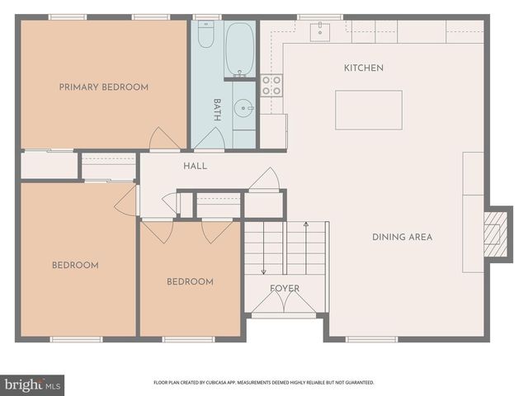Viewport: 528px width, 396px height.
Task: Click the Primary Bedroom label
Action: [104, 87]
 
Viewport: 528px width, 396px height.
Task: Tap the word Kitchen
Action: [364, 68]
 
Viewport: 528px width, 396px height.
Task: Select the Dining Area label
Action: [402, 237]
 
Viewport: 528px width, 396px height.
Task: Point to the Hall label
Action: [196, 166]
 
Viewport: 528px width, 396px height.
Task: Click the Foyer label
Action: [285, 288]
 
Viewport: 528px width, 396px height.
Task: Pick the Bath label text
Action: [217, 110]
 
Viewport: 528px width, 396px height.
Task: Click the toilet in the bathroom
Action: [205, 34]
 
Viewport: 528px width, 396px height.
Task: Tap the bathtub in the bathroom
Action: [239, 49]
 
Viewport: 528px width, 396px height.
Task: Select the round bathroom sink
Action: [243, 108]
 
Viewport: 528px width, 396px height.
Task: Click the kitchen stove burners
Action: [271, 86]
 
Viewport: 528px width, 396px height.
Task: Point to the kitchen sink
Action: [320, 31]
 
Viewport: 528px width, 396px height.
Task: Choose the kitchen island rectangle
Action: [369, 110]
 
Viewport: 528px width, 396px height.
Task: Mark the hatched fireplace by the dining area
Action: [495, 233]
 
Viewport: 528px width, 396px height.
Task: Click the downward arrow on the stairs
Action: [264, 248]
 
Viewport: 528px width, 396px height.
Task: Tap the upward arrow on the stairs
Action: [306, 248]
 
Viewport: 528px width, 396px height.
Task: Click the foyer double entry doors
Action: [284, 301]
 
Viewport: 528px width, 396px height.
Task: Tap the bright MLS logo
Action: [32, 385]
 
